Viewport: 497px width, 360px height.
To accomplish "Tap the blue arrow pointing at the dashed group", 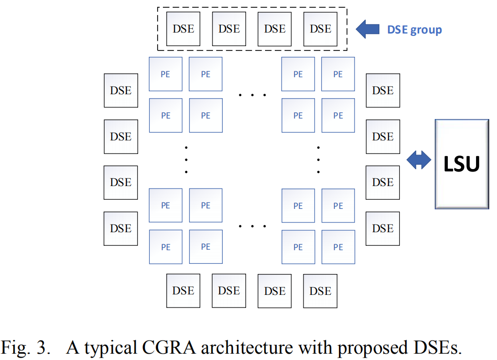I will (367, 30).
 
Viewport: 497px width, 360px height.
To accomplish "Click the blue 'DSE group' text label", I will (414, 30).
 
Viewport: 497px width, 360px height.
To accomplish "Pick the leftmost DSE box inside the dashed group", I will (183, 29).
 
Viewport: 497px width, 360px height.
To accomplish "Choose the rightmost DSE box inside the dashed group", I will (320, 29).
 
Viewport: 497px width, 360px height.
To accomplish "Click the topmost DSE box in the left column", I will (121, 90).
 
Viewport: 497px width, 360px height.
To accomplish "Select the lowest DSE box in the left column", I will (121, 228).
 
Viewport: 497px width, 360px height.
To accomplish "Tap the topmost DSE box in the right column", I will (383, 90).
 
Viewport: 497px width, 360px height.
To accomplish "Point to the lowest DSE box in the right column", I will (383, 228).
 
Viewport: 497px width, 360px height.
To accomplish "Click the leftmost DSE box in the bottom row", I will (183, 291).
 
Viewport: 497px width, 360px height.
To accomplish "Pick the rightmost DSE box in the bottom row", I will (320, 291).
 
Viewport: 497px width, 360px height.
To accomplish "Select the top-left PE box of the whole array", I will (165, 74).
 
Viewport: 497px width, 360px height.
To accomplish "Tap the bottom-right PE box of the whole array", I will (338, 247).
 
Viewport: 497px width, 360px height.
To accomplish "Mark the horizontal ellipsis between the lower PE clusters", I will (252, 226).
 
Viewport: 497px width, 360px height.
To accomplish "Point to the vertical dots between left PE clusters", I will (186, 159).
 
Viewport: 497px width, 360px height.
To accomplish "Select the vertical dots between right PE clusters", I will (318, 159).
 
